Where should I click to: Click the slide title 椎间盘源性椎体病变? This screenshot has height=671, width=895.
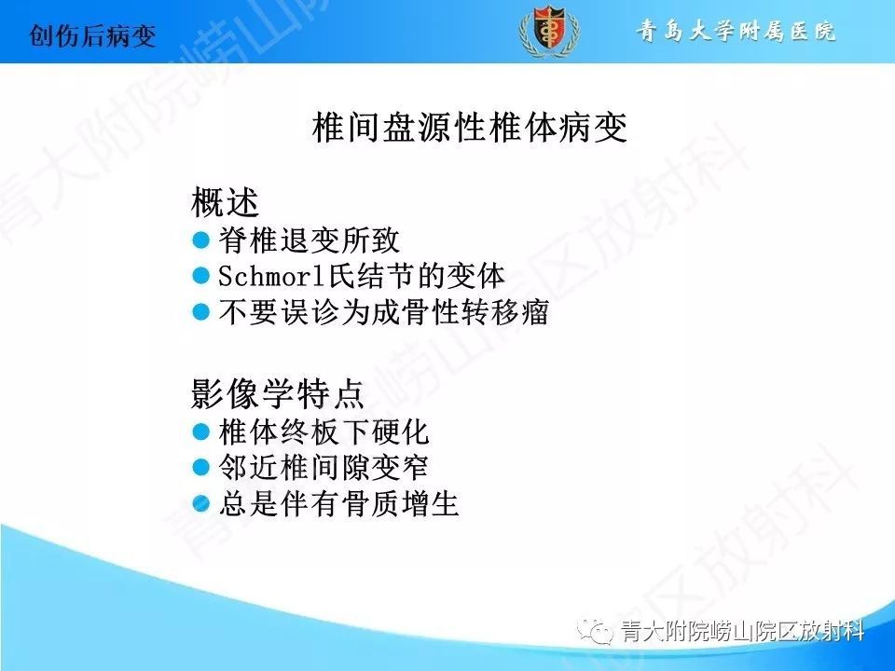tap(470, 128)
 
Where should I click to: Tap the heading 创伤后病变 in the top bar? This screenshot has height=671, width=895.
tap(92, 36)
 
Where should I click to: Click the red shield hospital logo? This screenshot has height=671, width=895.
tap(549, 30)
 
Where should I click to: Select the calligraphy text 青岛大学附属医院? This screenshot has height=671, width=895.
tap(737, 31)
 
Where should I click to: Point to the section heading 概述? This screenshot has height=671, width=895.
tap(225, 202)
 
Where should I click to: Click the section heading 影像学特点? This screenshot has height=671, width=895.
tap(278, 393)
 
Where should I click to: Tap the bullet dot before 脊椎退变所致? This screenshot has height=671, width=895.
tap(201, 240)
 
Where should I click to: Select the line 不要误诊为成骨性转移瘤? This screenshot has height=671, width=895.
tap(383, 313)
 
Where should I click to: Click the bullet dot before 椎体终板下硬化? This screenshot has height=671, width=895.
tap(201, 431)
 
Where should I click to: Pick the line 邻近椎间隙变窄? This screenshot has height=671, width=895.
tap(324, 468)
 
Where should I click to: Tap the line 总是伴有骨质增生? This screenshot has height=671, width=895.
tap(339, 504)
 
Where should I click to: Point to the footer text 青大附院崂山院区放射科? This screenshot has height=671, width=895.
tap(743, 631)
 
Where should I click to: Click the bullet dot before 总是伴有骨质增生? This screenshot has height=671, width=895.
tap(201, 504)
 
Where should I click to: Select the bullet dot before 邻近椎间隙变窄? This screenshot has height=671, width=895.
tap(201, 468)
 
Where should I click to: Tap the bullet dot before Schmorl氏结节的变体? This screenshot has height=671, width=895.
tap(201, 276)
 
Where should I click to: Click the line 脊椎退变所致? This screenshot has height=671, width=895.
tap(309, 240)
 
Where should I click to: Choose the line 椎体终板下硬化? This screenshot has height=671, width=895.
tap(324, 431)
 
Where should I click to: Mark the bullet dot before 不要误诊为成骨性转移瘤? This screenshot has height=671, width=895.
tap(201, 313)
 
